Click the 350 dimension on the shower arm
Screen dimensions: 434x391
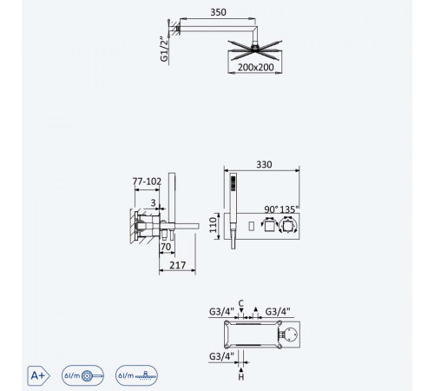pyautogui.click(x=218, y=12)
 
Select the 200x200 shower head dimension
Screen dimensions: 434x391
pyautogui.click(x=255, y=67)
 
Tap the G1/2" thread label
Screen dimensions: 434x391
pyautogui.click(x=164, y=49)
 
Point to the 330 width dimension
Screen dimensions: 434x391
pyautogui.click(x=264, y=164)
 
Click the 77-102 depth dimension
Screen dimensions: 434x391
pyautogui.click(x=147, y=182)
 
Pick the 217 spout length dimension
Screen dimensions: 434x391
pyautogui.click(x=177, y=265)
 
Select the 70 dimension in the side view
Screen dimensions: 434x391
pyautogui.click(x=166, y=247)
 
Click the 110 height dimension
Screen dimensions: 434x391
pyautogui.click(x=213, y=225)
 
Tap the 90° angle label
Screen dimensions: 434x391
pyautogui.click(x=272, y=209)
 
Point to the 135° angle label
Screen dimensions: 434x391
pyautogui.click(x=289, y=209)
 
